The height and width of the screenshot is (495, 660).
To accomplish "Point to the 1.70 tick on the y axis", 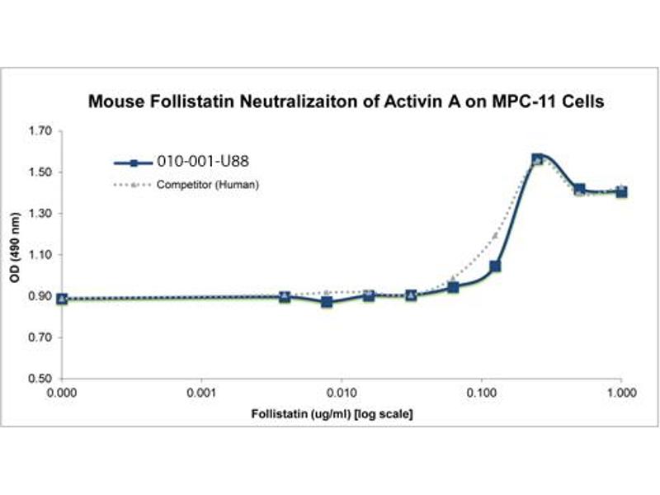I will click(40, 131).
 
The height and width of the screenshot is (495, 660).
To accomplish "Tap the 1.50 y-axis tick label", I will click(40, 172).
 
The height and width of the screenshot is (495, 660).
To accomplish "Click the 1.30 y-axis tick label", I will click(40, 214).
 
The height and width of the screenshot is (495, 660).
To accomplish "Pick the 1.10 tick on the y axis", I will click(40, 255).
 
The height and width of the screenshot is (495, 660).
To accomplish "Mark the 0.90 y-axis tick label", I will click(40, 296).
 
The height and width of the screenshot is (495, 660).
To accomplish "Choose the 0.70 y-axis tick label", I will click(40, 338).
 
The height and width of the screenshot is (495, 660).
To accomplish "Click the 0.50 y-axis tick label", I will click(40, 379).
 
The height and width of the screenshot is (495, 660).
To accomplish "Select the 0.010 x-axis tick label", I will click(342, 394).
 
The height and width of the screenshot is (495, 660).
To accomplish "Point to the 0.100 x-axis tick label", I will click(481, 394).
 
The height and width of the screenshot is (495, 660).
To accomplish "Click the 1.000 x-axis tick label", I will click(620, 394).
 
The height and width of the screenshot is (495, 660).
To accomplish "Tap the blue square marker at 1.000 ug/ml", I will click(621, 191).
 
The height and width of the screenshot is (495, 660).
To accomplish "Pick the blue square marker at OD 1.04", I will click(495, 266).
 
